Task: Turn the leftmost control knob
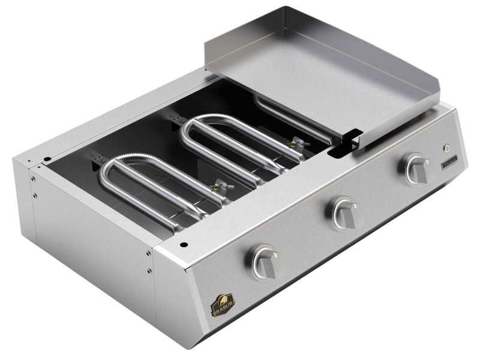(264, 260)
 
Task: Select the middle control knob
(344, 211)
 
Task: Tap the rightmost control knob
(416, 169)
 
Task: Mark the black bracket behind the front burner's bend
(96, 163)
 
